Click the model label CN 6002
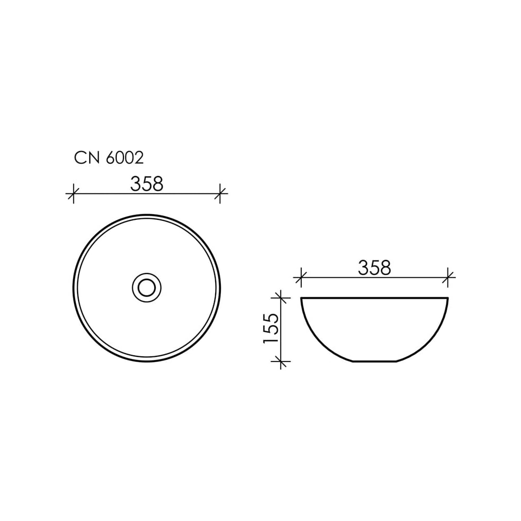tap(109, 158)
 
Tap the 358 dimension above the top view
tap(146, 184)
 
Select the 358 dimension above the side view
tap(375, 267)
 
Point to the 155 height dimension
tap(270, 328)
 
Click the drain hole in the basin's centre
tap(146, 288)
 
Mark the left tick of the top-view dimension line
tap(73, 193)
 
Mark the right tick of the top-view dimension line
tap(220, 193)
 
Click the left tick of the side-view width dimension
tap(301, 277)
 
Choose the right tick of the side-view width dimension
tap(448, 277)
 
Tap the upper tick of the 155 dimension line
tap(281, 298)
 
